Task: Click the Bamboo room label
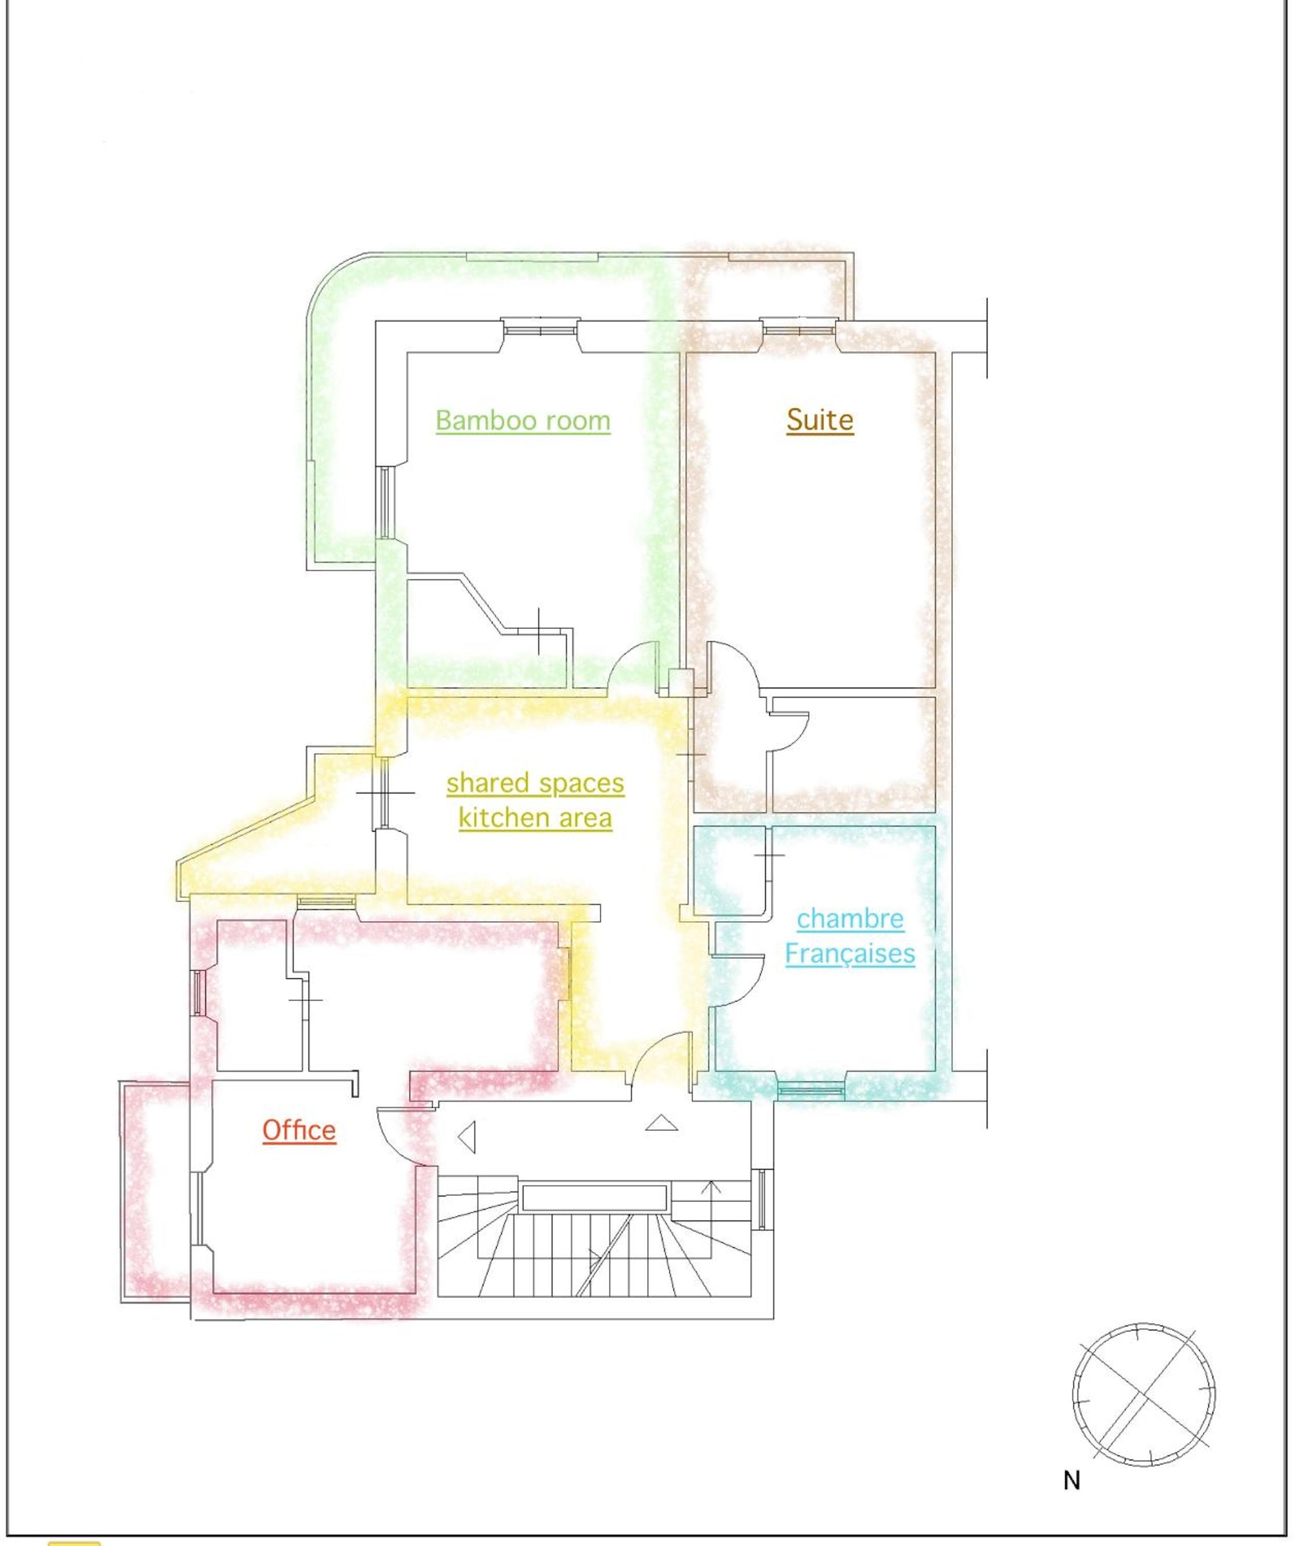click(x=523, y=421)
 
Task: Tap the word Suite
click(x=820, y=419)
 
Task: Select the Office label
click(x=299, y=1130)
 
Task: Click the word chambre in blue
click(x=850, y=919)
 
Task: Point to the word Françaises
click(x=850, y=954)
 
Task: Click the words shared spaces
click(x=535, y=783)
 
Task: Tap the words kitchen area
click(x=535, y=818)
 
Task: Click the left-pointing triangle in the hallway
click(x=466, y=1138)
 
